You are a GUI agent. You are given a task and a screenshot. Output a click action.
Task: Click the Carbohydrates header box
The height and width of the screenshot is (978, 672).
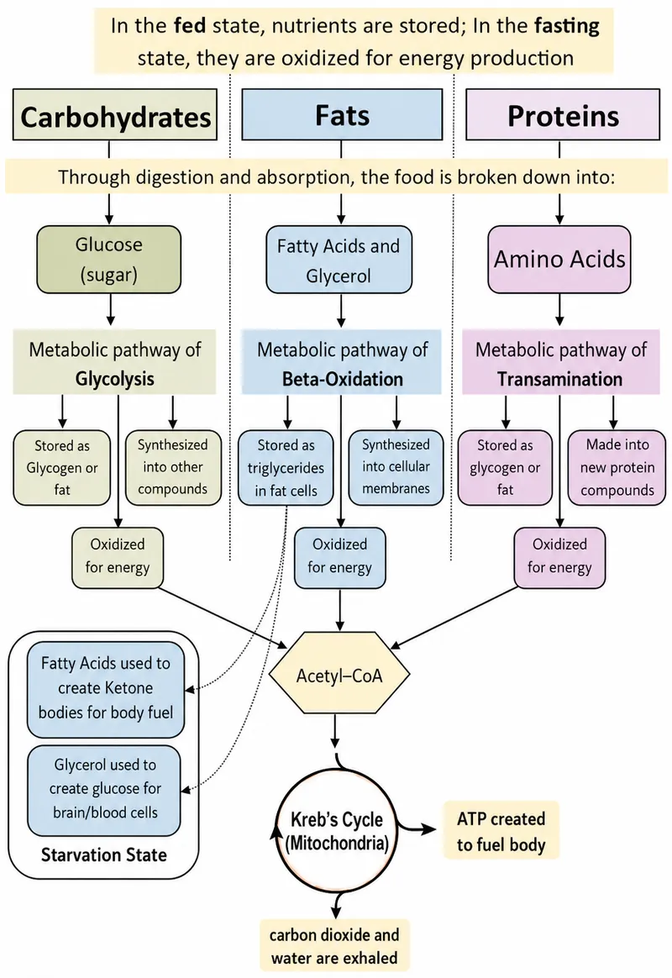pyautogui.click(x=115, y=115)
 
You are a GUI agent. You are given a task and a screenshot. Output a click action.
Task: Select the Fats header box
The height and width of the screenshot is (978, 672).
pyautogui.click(x=342, y=114)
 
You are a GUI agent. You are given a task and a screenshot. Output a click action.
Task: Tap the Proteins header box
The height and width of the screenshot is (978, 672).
pyautogui.click(x=562, y=114)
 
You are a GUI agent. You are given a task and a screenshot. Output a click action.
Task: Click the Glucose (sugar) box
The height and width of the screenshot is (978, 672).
pyautogui.click(x=109, y=260)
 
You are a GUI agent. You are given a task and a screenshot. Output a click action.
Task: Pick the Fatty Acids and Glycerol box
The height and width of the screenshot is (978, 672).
pyautogui.click(x=339, y=260)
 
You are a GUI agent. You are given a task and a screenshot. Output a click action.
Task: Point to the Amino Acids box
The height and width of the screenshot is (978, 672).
pyautogui.click(x=559, y=260)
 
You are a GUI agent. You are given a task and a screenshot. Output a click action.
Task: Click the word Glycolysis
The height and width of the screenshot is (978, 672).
pyautogui.click(x=115, y=379)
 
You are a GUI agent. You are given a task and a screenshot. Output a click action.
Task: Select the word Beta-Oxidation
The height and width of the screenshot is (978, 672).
pyautogui.click(x=342, y=379)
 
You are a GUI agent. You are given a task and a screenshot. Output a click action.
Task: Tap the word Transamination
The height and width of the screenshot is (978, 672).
pyautogui.click(x=559, y=379)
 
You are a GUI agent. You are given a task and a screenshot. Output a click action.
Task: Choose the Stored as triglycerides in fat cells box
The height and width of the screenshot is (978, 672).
pyautogui.click(x=286, y=468)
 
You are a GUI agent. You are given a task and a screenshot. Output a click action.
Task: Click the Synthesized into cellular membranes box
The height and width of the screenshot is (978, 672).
pyautogui.click(x=396, y=467)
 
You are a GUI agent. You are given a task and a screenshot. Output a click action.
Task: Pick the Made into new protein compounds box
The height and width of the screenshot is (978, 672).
pyautogui.click(x=617, y=467)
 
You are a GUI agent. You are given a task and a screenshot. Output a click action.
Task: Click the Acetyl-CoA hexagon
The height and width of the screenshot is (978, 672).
pyautogui.click(x=339, y=676)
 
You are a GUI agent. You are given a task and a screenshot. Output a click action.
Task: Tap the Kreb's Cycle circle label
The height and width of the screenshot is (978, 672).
pyautogui.click(x=337, y=832)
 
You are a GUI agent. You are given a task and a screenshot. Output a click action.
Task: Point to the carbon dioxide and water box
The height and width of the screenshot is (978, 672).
pyautogui.click(x=335, y=946)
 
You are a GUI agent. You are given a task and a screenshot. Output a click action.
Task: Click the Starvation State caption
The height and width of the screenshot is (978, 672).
pyautogui.click(x=103, y=854)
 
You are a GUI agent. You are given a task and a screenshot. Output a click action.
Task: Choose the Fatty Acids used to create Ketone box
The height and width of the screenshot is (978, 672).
pyautogui.click(x=105, y=689)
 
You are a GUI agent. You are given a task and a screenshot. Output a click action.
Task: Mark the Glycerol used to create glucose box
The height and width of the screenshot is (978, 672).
pyautogui.click(x=104, y=789)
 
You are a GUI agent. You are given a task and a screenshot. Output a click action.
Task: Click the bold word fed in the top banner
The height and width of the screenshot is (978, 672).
pyautogui.click(x=190, y=26)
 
